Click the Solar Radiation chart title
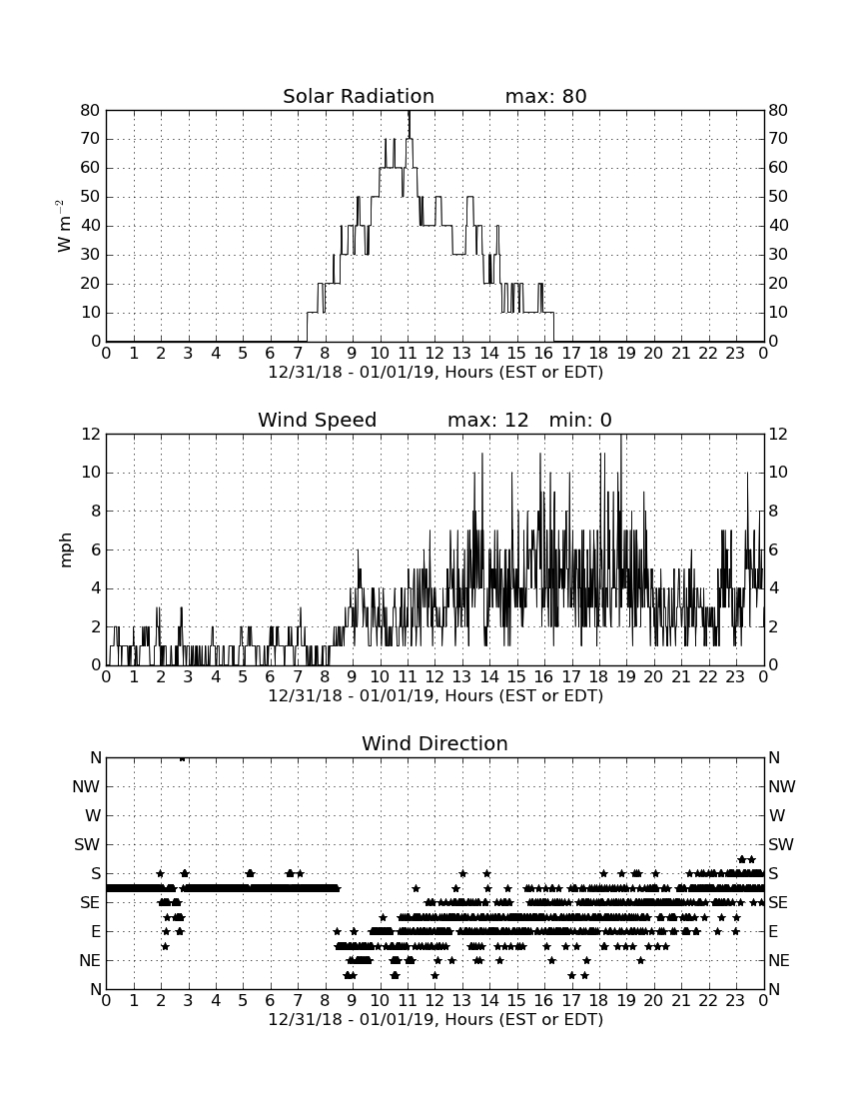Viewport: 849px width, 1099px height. pyautogui.click(x=358, y=96)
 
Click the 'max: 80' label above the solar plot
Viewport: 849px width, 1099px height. pyautogui.click(x=545, y=96)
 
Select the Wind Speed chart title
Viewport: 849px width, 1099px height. pyautogui.click(x=318, y=420)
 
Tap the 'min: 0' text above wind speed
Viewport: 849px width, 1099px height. pyautogui.click(x=580, y=420)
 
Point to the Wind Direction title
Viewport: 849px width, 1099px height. pyautogui.click(x=434, y=743)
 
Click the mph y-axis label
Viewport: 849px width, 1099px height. pyautogui.click(x=66, y=550)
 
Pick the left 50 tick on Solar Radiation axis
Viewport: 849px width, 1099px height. pyautogui.click(x=91, y=196)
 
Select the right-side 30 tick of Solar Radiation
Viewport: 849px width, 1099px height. pyautogui.click(x=777, y=255)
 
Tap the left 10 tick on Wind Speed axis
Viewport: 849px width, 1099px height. pyautogui.click(x=91, y=473)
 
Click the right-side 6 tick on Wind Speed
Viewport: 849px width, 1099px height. pyautogui.click(x=773, y=549)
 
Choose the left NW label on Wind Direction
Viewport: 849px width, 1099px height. pyautogui.click(x=86, y=787)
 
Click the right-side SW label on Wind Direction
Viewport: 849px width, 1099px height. pyautogui.click(x=781, y=844)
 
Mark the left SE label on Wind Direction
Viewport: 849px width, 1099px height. pyautogui.click(x=90, y=903)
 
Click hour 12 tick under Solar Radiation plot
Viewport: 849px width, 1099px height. pyautogui.click(x=435, y=354)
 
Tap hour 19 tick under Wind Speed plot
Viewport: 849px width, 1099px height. pyautogui.click(x=626, y=677)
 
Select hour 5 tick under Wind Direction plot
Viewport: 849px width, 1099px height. pyautogui.click(x=243, y=1001)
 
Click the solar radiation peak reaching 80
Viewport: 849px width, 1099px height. pyautogui.click(x=410, y=112)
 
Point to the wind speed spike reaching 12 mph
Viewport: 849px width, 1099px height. pyautogui.click(x=620, y=437)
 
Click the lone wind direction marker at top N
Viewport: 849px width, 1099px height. pyautogui.click(x=182, y=758)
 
